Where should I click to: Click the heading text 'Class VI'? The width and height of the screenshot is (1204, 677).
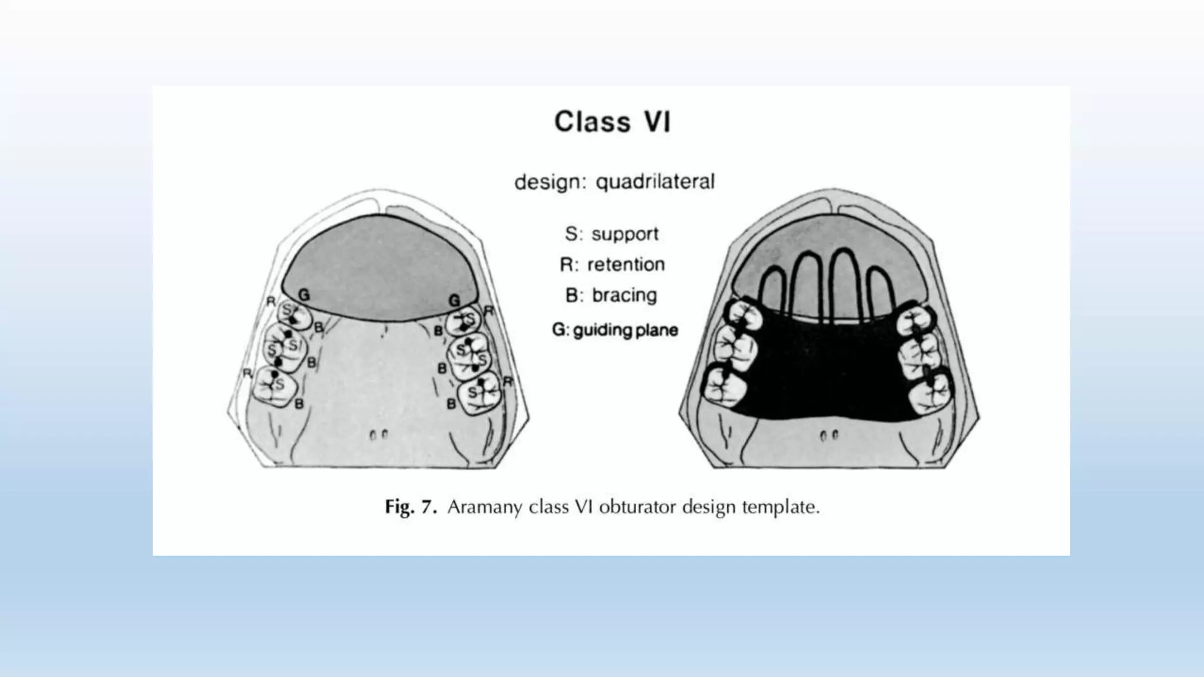(612, 122)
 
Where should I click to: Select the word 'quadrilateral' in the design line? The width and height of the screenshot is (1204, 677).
(655, 182)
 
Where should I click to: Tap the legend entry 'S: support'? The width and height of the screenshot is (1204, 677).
(611, 234)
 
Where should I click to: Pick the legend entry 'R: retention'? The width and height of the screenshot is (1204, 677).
(612, 264)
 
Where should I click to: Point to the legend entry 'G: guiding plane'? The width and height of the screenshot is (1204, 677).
(615, 330)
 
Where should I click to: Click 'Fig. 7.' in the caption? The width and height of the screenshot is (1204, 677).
(411, 507)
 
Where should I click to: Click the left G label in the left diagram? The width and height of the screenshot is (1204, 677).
(303, 295)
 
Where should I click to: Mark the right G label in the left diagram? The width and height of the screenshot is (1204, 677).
(454, 300)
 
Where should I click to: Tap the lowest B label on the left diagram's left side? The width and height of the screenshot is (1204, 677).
(299, 404)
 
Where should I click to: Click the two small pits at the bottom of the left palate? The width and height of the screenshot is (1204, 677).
(379, 435)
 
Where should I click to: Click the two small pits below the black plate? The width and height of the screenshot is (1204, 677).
(829, 436)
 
